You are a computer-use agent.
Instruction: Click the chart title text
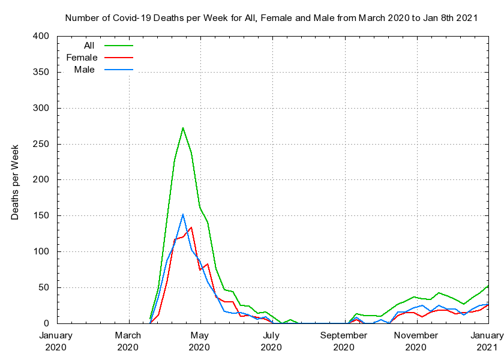271,17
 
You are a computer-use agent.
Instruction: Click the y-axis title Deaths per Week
16,181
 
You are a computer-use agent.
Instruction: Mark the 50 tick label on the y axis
43,288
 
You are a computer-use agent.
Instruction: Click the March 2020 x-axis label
128,341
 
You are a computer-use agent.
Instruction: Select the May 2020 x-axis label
199,341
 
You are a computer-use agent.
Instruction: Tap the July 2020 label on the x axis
271,341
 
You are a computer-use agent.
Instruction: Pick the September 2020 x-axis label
343,341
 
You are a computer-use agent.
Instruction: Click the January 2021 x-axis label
487,341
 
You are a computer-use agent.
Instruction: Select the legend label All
89,46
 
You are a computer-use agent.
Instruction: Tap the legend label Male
84,70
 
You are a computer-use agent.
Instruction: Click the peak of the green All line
183,128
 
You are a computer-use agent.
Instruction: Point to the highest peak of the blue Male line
183,214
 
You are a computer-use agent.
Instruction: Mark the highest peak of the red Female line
191,227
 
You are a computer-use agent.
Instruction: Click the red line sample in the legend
118,58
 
